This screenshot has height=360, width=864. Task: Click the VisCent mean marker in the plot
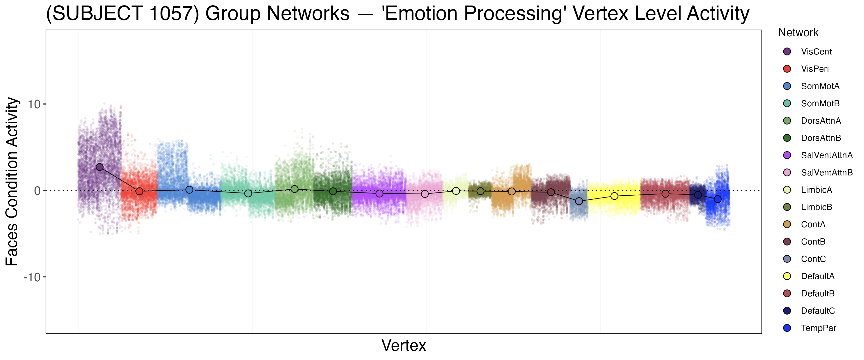[x=100, y=167]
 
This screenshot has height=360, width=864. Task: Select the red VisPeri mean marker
[x=139, y=191]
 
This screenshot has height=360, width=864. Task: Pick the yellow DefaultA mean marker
[x=614, y=196]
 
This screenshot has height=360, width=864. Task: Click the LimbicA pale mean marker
[x=456, y=191]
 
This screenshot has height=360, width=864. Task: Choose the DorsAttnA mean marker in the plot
[x=294, y=189]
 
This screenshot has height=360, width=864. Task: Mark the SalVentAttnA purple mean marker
[x=379, y=194]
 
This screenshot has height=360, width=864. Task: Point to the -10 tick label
[x=32, y=277]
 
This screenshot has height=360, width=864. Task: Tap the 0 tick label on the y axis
[x=37, y=191]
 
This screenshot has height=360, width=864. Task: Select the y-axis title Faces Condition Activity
[x=12, y=181]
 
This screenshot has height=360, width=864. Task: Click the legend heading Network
[x=798, y=33]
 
